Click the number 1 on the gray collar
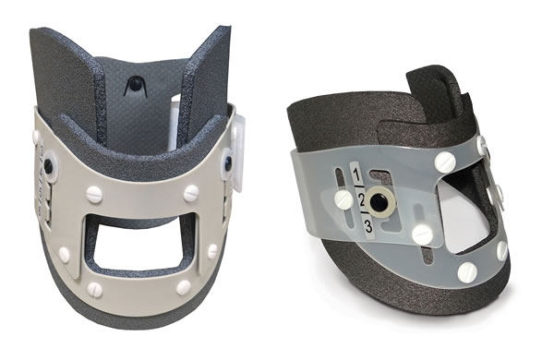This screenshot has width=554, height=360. (357, 174)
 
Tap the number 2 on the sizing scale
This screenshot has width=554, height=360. (361, 202)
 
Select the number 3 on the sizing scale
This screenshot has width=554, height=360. (367, 227)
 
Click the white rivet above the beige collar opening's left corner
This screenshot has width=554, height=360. (95, 194)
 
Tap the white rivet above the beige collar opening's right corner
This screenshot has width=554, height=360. (191, 193)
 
